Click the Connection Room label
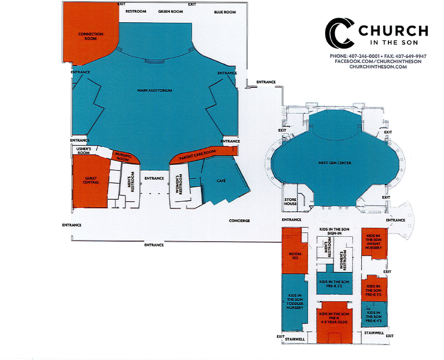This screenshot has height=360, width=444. [90, 36]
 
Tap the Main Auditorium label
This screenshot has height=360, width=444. [155, 91]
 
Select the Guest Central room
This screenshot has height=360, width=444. [90, 181]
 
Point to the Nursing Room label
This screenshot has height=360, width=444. [123, 157]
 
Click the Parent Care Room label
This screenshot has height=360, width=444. [198, 155]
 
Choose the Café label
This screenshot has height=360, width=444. [221, 181]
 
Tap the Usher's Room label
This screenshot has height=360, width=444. [84, 151]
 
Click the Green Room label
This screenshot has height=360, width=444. [170, 12]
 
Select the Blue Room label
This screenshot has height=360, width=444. [225, 12]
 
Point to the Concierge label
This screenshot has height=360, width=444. [239, 221]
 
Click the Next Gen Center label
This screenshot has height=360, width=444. [335, 163]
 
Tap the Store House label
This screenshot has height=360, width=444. [290, 202]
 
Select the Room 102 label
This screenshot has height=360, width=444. [295, 256]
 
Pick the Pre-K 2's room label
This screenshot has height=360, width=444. [334, 284]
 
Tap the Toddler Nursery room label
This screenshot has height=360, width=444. [295, 302]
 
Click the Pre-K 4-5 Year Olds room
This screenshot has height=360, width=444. [334, 322]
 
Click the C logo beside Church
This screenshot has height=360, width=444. [340, 33]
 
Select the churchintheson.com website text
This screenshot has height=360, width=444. [378, 67]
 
